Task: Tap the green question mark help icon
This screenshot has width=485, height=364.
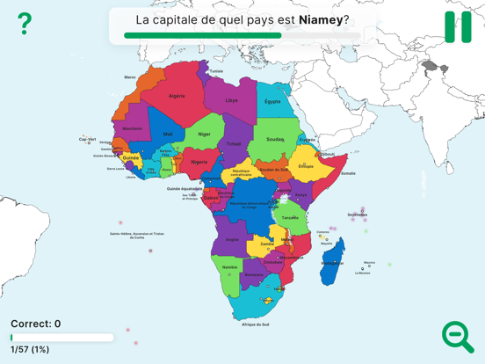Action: coord(25,24)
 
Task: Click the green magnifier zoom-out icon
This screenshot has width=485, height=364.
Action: coord(458,336)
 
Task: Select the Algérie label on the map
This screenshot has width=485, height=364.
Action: coord(177,96)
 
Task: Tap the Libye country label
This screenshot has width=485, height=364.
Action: coord(232,100)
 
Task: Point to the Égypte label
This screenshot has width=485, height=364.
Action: coord(273,101)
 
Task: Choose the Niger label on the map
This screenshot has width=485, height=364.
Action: coord(204,135)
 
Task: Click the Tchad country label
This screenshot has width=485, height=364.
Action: coord(234,143)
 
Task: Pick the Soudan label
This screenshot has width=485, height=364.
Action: coord(275,139)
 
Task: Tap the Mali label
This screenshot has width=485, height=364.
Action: coord(168,135)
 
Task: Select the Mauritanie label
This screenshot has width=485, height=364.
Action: coord(132,128)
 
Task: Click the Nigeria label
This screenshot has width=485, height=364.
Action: coord(199,162)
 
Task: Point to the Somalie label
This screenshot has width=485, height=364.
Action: coord(348,173)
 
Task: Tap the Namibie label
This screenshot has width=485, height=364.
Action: coord(229,267)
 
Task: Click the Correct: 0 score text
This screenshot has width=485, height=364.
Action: coord(35,324)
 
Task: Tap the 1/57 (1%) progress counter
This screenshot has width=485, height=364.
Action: coord(30,349)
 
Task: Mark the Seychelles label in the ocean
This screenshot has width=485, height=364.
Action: coord(357,215)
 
